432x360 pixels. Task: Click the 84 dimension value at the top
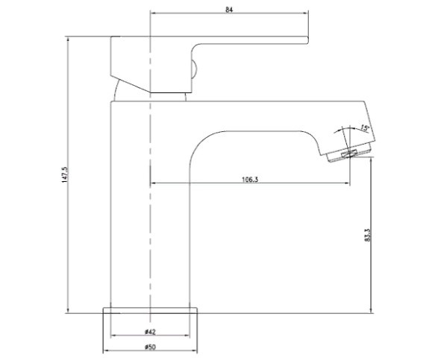click(229, 10)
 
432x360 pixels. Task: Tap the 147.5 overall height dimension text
click(65, 174)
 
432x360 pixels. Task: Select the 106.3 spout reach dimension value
click(250, 180)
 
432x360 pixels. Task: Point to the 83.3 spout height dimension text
click(368, 236)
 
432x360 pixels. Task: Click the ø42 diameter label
click(150, 332)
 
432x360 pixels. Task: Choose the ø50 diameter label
click(150, 347)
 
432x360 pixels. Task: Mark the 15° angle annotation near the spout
click(365, 127)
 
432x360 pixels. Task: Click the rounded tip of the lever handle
click(307, 40)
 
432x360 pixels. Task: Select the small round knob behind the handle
click(194, 69)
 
